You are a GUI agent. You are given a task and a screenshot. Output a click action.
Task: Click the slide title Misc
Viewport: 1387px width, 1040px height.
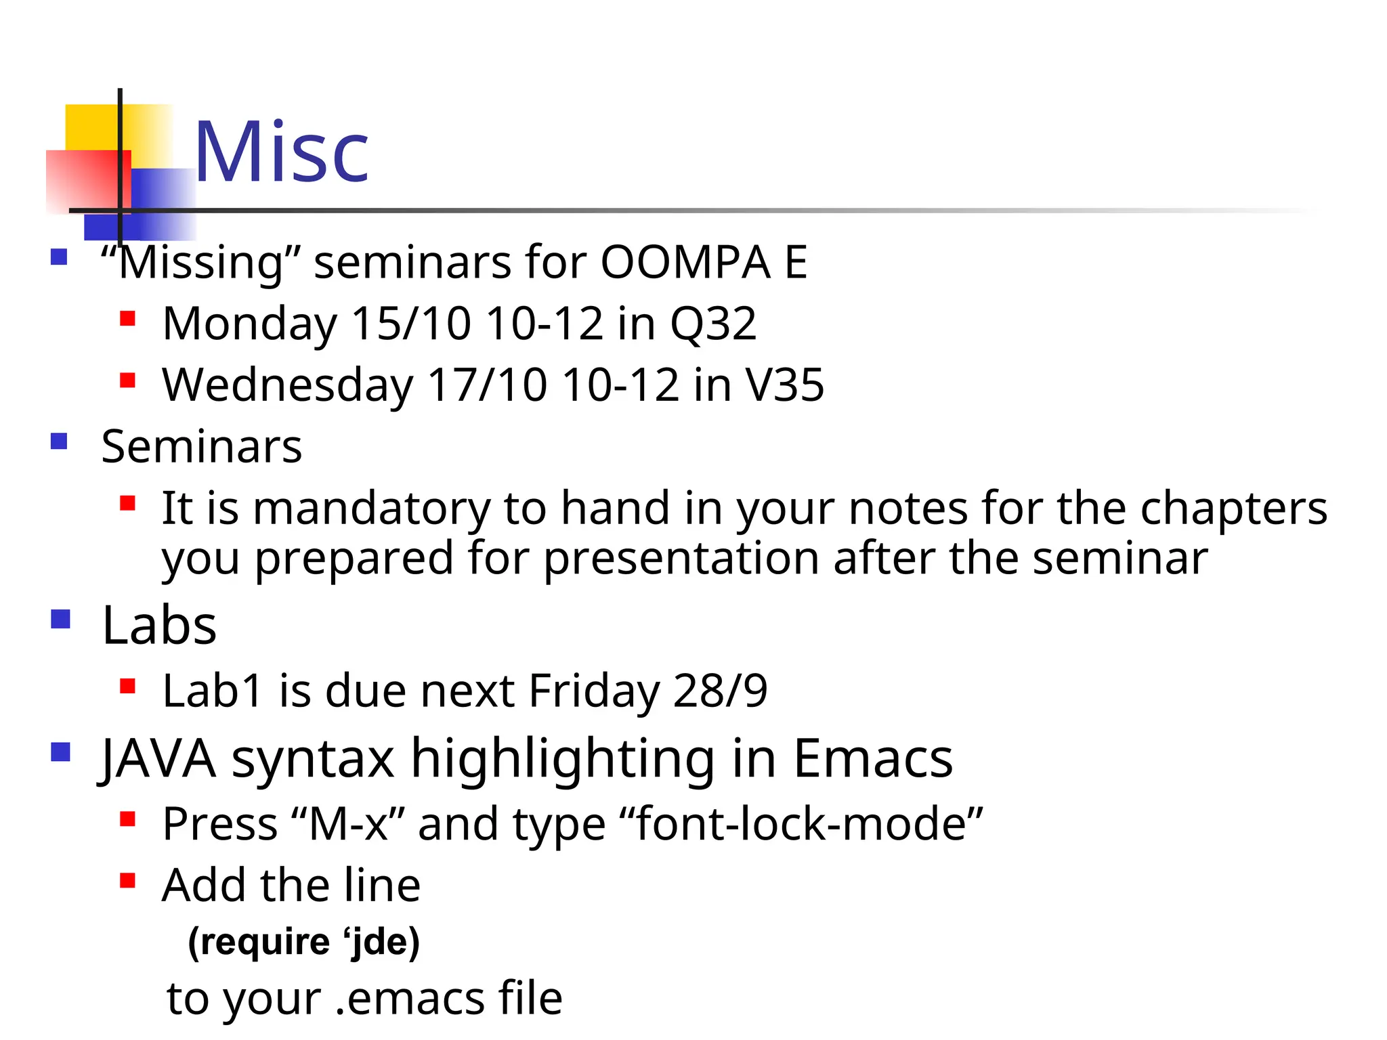(x=281, y=152)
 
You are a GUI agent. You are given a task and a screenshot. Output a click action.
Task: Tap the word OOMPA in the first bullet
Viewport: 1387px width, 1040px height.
(x=685, y=262)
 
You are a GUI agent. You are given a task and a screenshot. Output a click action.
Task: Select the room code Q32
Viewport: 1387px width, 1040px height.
(x=712, y=324)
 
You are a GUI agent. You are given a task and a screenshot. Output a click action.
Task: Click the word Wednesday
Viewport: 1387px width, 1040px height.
(x=287, y=385)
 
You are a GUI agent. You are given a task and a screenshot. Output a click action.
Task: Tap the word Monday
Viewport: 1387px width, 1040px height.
(x=249, y=324)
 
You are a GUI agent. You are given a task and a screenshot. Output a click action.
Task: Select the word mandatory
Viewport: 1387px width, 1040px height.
(x=371, y=508)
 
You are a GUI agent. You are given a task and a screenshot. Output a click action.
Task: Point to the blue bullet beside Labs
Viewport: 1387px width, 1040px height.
(x=60, y=619)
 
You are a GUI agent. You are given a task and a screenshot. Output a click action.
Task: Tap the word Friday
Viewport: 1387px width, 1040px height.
(x=593, y=691)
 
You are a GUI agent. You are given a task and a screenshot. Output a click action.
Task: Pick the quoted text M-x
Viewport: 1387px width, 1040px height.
(x=348, y=824)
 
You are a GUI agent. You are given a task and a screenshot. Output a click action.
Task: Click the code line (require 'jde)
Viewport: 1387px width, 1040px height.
(x=303, y=942)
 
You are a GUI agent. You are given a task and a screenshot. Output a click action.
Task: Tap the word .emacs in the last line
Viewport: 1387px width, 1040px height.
(x=410, y=999)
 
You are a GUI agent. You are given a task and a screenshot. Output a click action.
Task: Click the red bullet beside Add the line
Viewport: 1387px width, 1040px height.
(x=127, y=880)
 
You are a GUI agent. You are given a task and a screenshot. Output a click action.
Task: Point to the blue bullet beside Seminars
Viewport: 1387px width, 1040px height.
(x=60, y=441)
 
